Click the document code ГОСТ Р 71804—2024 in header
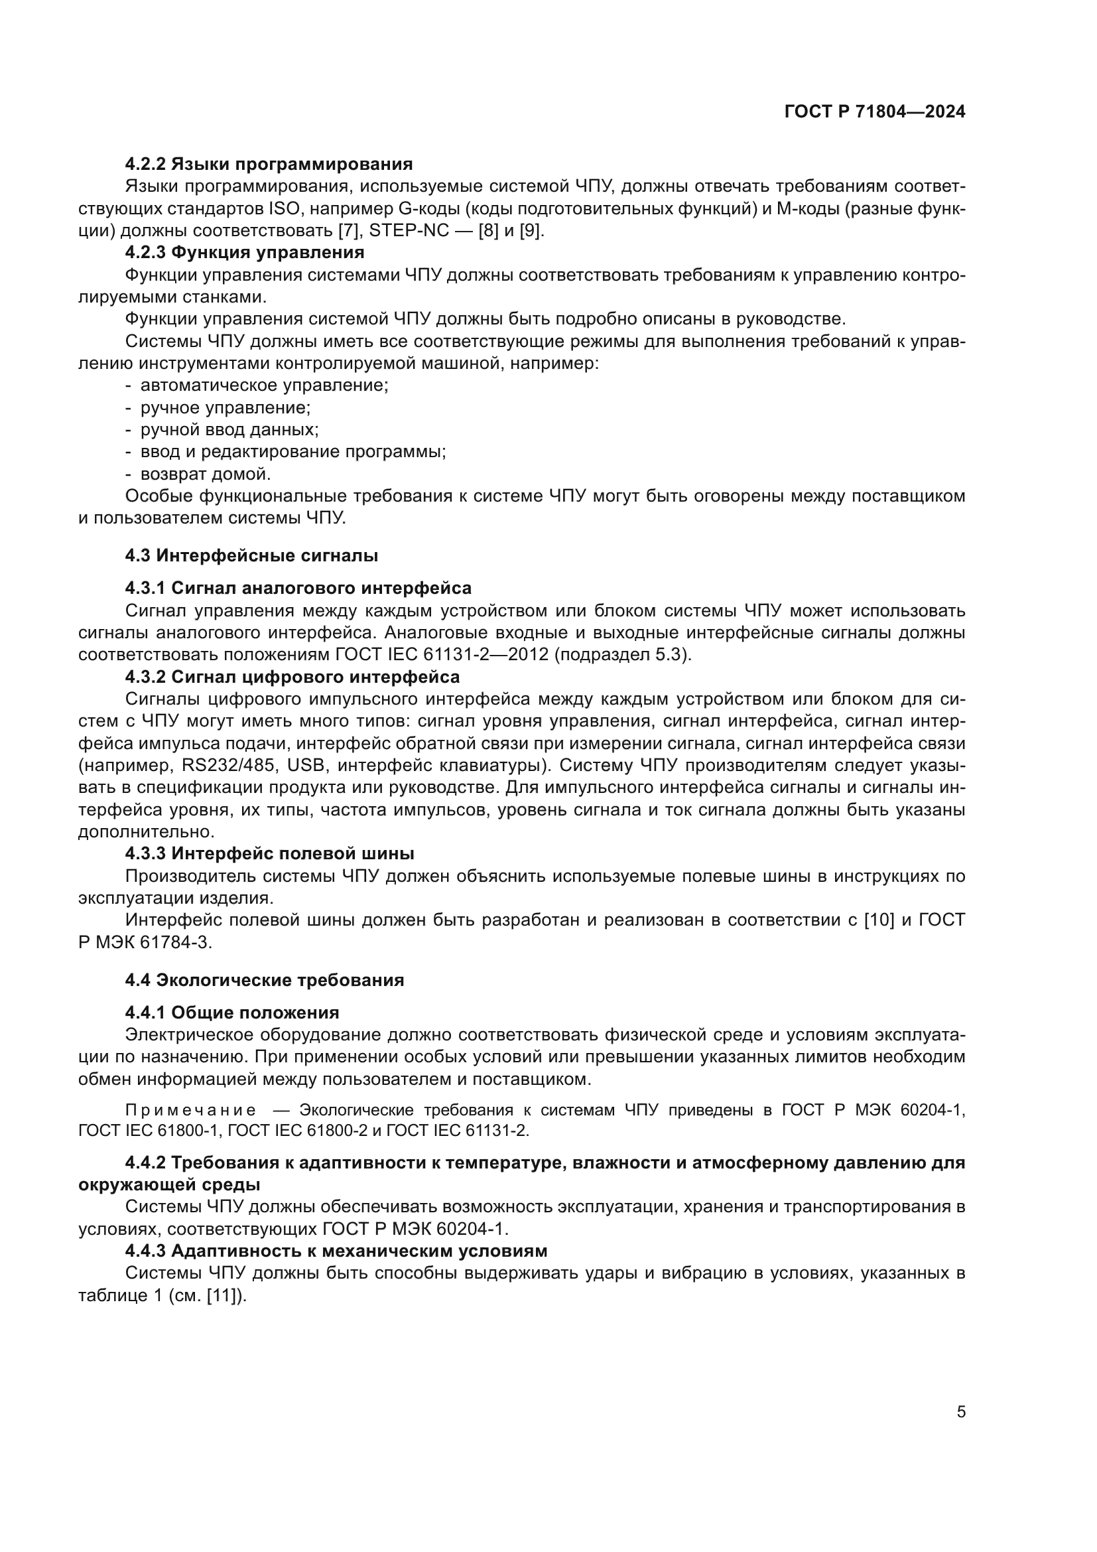pyautogui.click(x=875, y=112)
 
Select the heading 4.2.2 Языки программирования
pyautogui.click(x=269, y=165)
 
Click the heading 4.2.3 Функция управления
pyautogui.click(x=245, y=253)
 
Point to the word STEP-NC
pyautogui.click(x=409, y=230)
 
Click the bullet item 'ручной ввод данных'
pyautogui.click(x=229, y=429)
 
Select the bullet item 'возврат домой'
pyautogui.click(x=206, y=474)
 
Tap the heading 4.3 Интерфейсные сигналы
pyautogui.click(x=251, y=555)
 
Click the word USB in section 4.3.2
pyautogui.click(x=307, y=766)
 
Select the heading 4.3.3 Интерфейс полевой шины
pyautogui.click(x=269, y=854)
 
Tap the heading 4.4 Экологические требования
pyautogui.click(x=264, y=980)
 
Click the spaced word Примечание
pyautogui.click(x=190, y=1110)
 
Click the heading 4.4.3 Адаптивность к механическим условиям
pyautogui.click(x=336, y=1251)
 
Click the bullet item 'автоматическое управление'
pyautogui.click(x=263, y=386)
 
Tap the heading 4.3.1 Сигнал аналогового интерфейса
pyautogui.click(x=298, y=588)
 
